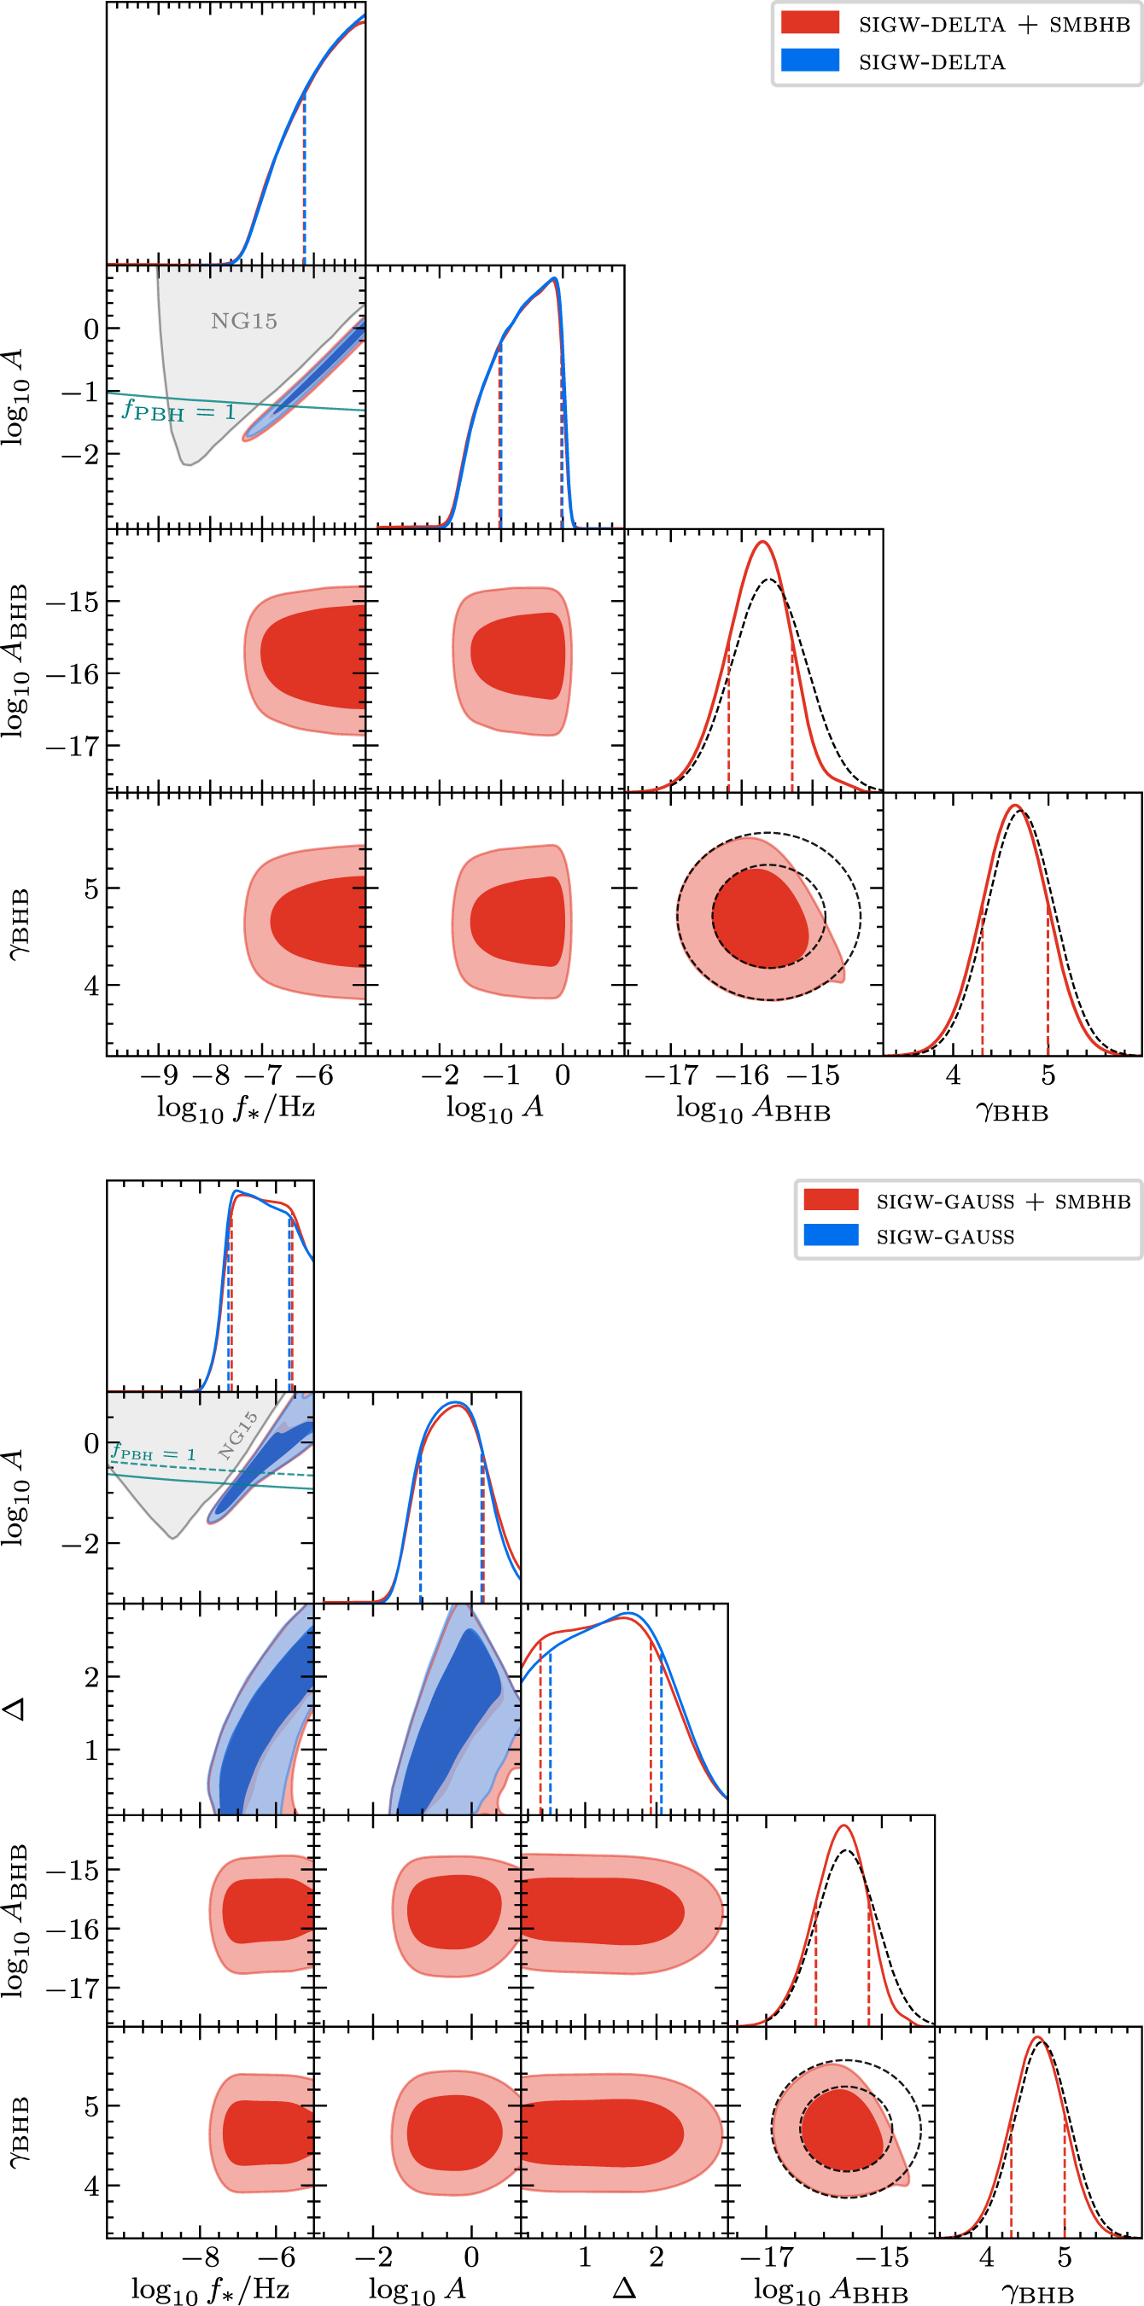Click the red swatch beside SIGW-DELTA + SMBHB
tap(809, 22)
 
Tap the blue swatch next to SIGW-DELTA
tap(809, 60)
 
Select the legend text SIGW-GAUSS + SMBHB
tap(1002, 1202)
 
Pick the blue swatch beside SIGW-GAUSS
tap(831, 1236)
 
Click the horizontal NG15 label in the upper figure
tap(243, 321)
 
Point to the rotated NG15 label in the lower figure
tap(238, 1435)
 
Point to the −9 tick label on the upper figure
tap(159, 1074)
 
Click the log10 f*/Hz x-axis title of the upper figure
tap(236, 1109)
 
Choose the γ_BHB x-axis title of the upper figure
tap(1012, 1111)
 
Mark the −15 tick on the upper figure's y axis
tap(72, 602)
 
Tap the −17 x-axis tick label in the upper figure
tap(671, 1074)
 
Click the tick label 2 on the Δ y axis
tap(91, 1678)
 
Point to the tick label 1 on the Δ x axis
tap(585, 2257)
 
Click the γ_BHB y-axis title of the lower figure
tap(18, 2134)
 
